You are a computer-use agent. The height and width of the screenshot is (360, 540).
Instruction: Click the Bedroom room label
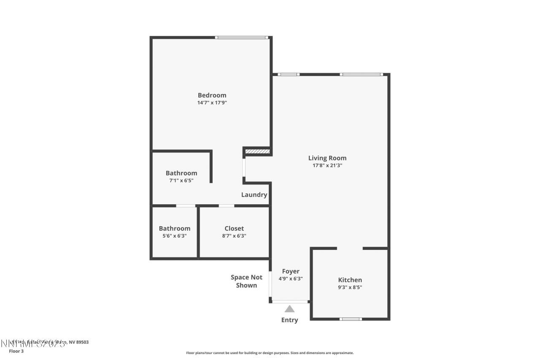[212, 95]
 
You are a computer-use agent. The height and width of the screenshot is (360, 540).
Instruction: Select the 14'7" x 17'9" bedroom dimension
[212, 103]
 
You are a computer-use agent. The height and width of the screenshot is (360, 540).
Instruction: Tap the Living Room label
[327, 158]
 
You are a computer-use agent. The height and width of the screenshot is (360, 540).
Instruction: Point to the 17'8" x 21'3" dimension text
[327, 165]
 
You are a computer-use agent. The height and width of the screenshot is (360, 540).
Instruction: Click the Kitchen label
[350, 280]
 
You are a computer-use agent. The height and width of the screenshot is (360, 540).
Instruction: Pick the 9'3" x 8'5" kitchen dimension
[350, 287]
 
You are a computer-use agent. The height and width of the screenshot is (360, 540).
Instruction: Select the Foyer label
[291, 271]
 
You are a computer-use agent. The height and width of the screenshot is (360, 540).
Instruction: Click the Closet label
[234, 228]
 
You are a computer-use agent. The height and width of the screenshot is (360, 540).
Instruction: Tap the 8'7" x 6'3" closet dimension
[234, 236]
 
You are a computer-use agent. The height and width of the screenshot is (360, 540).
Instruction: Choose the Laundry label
[254, 195]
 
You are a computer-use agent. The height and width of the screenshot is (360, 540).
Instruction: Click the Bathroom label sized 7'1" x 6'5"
[181, 173]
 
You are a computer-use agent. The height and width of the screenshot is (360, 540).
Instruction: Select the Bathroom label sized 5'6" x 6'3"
[174, 228]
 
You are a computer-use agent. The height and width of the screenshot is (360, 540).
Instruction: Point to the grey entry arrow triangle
[289, 309]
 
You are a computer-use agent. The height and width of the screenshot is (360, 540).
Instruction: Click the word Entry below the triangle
[289, 320]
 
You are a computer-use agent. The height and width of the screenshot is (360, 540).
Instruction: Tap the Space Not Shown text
[246, 281]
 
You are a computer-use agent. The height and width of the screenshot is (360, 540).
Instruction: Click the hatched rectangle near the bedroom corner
[257, 151]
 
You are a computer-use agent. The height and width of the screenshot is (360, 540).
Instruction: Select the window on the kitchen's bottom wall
[351, 319]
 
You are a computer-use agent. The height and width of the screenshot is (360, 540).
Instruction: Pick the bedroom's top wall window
[241, 38]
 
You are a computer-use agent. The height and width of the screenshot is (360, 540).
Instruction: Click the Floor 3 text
[16, 351]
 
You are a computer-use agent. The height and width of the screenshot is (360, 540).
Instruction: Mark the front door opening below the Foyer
[290, 301]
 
